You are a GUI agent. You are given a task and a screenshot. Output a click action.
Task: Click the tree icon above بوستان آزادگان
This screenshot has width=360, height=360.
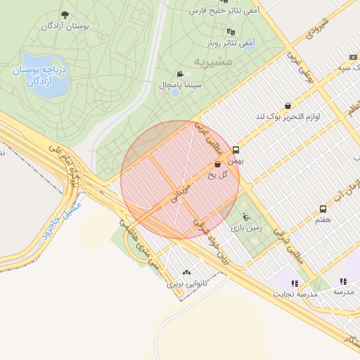(x=65, y=15)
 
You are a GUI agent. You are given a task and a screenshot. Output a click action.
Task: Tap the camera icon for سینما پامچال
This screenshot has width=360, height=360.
(x=181, y=73)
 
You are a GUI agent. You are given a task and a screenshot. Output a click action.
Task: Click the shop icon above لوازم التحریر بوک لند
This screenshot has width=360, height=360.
(x=288, y=105)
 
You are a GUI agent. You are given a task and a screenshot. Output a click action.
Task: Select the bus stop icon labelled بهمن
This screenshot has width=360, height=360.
(x=236, y=150)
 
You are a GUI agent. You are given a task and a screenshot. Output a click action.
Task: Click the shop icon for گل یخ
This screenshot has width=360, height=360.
(x=218, y=164)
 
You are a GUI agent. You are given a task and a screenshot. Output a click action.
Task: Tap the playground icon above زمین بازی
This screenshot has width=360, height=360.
(x=245, y=217)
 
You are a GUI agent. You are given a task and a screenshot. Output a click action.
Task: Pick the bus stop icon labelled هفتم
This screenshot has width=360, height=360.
(x=323, y=209)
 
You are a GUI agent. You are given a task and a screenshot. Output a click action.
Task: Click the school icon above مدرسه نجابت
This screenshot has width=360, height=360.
(x=294, y=283)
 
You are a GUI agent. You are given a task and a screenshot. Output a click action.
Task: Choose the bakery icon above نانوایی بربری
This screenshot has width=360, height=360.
(x=186, y=273)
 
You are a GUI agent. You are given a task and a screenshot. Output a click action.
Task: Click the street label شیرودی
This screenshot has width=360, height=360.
(x=317, y=29)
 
